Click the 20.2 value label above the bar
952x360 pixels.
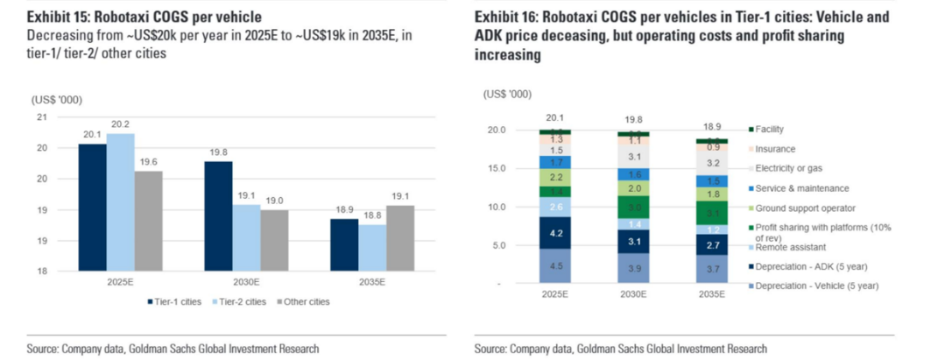[x=120, y=124]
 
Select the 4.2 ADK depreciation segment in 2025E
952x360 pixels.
[x=556, y=233]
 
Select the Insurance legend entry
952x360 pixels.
[x=773, y=149]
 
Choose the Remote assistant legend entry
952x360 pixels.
[x=788, y=247]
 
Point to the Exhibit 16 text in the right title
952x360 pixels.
[x=504, y=17]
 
